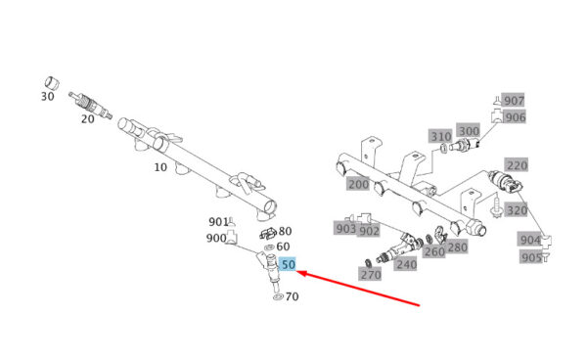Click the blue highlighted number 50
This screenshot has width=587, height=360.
288,264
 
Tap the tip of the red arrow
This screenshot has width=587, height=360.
298,272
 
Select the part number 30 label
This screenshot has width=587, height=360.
48,97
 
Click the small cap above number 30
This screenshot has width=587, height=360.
53,83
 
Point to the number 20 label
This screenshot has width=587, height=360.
88,119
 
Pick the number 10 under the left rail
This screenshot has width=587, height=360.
160,167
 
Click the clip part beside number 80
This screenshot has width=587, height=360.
268,234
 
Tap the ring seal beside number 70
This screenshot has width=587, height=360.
278,297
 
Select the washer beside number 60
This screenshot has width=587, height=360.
269,247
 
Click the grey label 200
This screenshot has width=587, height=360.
359,184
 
